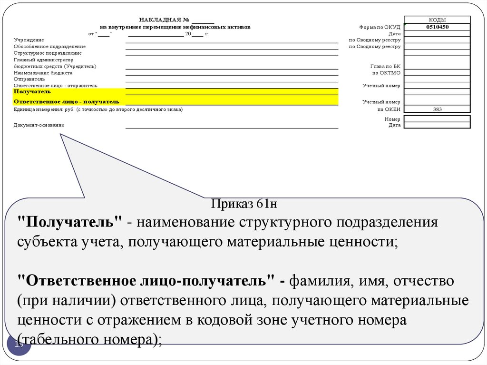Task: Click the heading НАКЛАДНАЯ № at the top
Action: coord(165,20)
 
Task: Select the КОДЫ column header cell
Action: coord(437,20)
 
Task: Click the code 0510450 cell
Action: coord(437,27)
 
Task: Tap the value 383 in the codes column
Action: coord(437,109)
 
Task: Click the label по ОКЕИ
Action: coord(389,109)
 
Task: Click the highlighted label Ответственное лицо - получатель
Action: coord(66,102)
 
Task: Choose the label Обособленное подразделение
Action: coord(49,47)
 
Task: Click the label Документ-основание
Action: coord(39,125)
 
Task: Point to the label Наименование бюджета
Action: coord(43,73)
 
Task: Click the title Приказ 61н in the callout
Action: coord(243,205)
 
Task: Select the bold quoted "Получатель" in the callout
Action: coord(70,223)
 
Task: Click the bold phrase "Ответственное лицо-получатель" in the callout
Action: coord(148,280)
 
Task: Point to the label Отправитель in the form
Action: coord(29,79)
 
